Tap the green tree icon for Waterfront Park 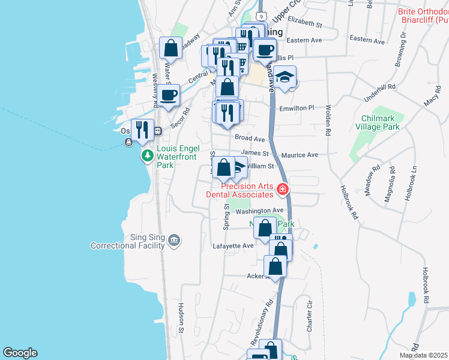[x=148, y=156]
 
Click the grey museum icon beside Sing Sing [x=174, y=241]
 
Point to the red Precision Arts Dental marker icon [x=282, y=190]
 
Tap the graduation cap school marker [x=286, y=77]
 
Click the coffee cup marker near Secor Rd [x=169, y=94]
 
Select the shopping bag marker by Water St [x=170, y=49]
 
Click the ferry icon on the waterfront [x=128, y=142]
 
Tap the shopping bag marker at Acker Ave [x=275, y=266]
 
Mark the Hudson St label [x=180, y=314]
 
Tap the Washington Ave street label [x=259, y=211]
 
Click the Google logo [x=20, y=353]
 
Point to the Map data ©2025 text [x=423, y=355]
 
